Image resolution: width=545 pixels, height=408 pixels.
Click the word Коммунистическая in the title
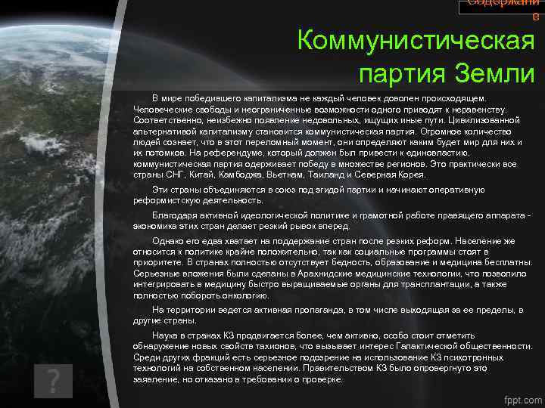[x=416, y=40]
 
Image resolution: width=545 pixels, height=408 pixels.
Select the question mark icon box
[x=53, y=382]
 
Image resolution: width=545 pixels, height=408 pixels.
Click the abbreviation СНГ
[x=176, y=175]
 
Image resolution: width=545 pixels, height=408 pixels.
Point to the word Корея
[x=410, y=175]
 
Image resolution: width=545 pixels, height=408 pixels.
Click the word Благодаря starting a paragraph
[x=173, y=215]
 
